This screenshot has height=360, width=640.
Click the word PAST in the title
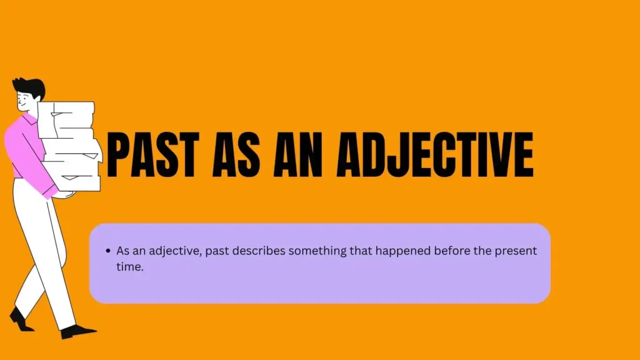[x=152, y=155]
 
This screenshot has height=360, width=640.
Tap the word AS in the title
[x=236, y=155]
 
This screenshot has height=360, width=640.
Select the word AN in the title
[x=297, y=155]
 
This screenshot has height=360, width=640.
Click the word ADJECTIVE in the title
[x=435, y=155]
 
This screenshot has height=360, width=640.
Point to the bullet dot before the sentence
[x=108, y=251]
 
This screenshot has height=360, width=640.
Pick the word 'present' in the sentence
[x=516, y=251]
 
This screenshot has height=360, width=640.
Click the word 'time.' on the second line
[x=130, y=266]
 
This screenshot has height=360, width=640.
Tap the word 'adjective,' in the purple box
[x=175, y=251]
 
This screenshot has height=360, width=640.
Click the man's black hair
[x=30, y=87]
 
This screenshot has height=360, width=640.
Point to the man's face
[x=24, y=101]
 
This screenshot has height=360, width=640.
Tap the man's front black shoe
[x=77, y=331]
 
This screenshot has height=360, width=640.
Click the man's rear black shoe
[x=19, y=319]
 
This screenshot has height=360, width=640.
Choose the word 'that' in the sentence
[x=361, y=251]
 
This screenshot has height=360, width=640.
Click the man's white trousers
[x=43, y=253]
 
